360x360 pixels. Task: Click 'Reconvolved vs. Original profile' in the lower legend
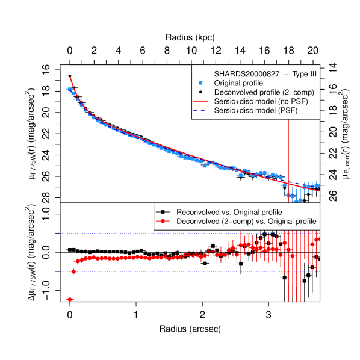[x=234, y=212]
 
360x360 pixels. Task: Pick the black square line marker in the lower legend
[x=162, y=212]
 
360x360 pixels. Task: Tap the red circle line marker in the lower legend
[x=162, y=222]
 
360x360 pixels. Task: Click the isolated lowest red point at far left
[x=69, y=299]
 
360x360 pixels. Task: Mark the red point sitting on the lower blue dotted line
[x=74, y=272]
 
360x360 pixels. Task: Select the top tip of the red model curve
[x=70, y=77]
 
